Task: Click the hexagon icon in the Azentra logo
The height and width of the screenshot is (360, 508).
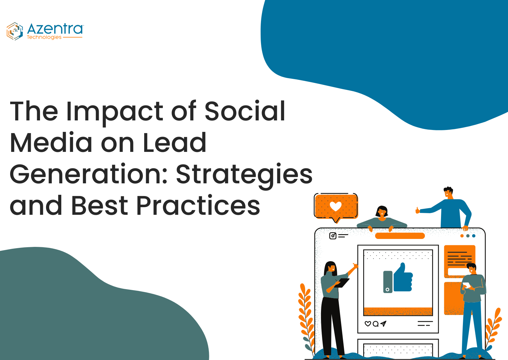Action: (x=15, y=31)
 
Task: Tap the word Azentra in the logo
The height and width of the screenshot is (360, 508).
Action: (x=55, y=29)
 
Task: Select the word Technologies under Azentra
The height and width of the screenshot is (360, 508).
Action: (x=44, y=37)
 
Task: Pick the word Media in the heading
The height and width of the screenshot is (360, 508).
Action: (x=51, y=142)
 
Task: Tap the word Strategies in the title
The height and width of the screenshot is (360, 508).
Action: (x=244, y=175)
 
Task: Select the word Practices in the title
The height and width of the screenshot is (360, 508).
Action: (x=198, y=205)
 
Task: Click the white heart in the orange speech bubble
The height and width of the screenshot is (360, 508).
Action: (x=335, y=206)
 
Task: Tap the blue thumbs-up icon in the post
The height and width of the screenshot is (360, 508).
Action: (x=403, y=277)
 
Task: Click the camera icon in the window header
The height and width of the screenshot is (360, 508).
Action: (x=333, y=236)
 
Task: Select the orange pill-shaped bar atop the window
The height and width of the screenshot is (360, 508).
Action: (x=400, y=236)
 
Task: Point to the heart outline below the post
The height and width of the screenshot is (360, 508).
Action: (x=368, y=324)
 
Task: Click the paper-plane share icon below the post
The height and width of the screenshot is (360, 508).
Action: (x=383, y=323)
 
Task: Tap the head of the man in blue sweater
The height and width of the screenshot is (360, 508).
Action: (x=448, y=193)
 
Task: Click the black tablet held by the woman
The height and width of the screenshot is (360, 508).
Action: (x=342, y=283)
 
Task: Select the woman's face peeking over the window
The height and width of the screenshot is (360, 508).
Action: (x=382, y=212)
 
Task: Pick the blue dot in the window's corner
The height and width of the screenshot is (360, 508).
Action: (x=474, y=236)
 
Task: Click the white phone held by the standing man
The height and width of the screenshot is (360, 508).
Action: (x=466, y=285)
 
